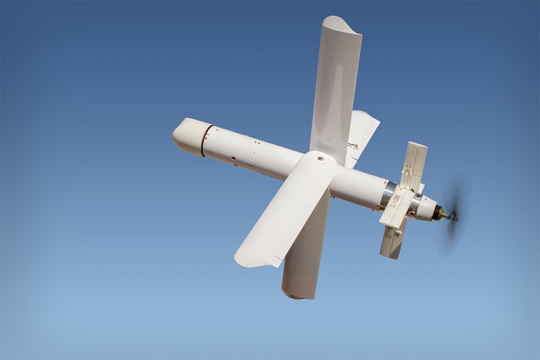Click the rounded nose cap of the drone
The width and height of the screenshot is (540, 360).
(186, 135)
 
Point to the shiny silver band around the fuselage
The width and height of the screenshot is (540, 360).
(388, 192)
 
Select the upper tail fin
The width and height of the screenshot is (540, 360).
(415, 161)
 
